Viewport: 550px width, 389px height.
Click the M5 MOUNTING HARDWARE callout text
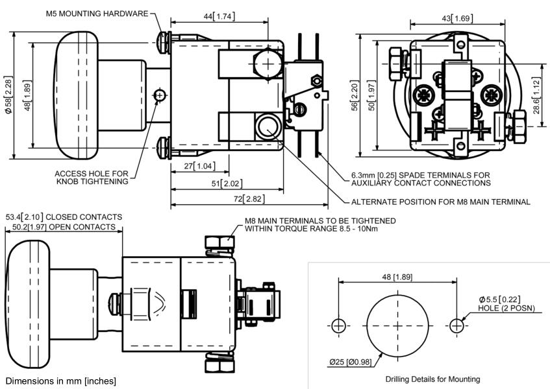click(x=97, y=14)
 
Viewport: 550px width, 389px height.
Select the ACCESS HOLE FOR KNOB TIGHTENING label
click(x=92, y=177)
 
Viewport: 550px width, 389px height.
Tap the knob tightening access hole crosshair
click(x=160, y=96)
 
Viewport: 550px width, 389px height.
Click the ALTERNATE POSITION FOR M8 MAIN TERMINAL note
click(x=440, y=202)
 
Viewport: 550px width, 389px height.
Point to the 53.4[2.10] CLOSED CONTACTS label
click(x=64, y=217)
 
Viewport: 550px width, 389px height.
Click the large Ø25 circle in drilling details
click(x=398, y=324)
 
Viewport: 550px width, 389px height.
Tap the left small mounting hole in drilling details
click(x=338, y=325)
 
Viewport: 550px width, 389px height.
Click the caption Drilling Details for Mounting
click(x=432, y=379)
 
